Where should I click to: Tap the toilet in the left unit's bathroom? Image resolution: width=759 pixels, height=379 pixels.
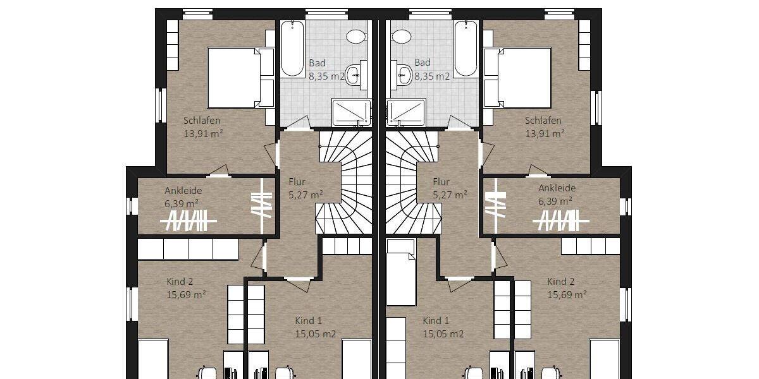click(x=357, y=36)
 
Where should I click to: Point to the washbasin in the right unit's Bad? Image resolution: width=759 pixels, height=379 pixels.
click(x=402, y=75)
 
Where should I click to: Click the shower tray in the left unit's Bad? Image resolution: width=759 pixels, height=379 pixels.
click(x=351, y=112)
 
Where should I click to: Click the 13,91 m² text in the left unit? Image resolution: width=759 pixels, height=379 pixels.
click(x=203, y=133)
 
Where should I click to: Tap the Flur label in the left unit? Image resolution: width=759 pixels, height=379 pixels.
click(x=297, y=182)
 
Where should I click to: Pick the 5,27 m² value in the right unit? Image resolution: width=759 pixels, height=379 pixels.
click(x=450, y=195)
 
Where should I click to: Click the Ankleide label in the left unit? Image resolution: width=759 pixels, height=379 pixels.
click(x=183, y=190)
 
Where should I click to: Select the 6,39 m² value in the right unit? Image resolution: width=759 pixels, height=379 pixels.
click(x=555, y=200)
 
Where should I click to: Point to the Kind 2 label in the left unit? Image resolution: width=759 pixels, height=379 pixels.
click(x=180, y=282)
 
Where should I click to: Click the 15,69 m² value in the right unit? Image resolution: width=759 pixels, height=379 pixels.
click(x=567, y=294)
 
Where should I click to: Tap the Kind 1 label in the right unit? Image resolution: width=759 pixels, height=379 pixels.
click(x=436, y=321)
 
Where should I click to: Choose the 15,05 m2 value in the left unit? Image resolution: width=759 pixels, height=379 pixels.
click(x=315, y=334)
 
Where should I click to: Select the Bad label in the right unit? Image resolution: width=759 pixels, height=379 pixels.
click(x=423, y=63)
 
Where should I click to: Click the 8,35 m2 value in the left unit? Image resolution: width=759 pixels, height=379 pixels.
click(x=326, y=76)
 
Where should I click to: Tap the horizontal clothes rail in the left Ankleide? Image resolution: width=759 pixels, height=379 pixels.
click(x=188, y=221)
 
